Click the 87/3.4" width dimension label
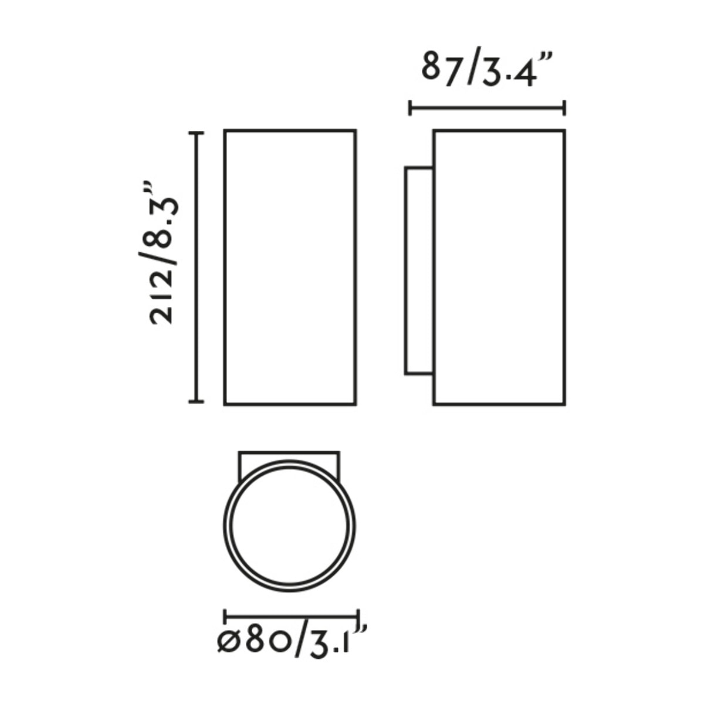(487, 70)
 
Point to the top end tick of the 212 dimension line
(196, 134)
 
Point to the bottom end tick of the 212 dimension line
(196, 401)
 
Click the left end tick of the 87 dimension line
(411, 108)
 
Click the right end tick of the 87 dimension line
(564, 108)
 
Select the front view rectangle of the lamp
(290, 267)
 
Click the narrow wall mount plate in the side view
(419, 270)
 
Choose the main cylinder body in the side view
(499, 267)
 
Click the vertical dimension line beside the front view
(196, 267)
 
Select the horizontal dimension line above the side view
(487, 108)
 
